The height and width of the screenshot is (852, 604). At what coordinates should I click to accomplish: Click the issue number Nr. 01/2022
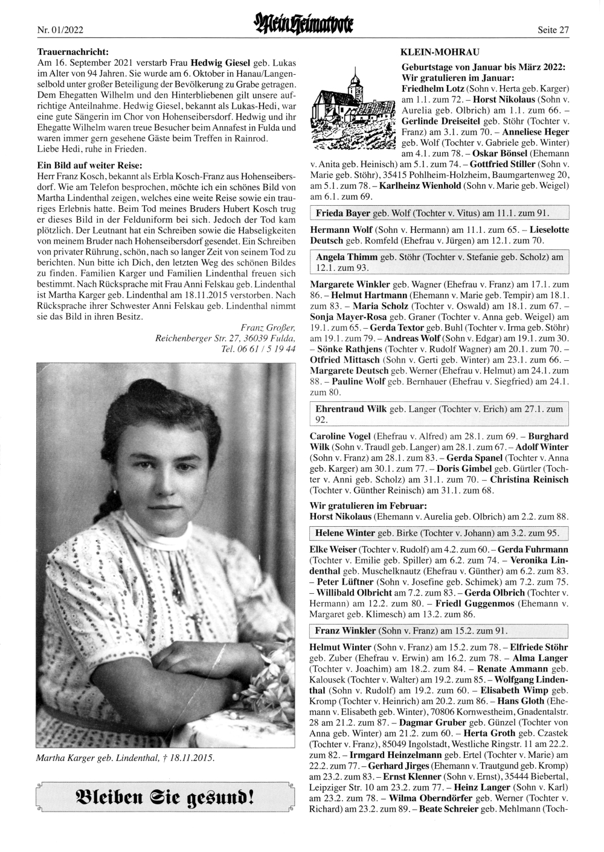(x=59, y=28)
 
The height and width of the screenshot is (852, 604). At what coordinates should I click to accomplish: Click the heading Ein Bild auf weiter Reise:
(x=90, y=166)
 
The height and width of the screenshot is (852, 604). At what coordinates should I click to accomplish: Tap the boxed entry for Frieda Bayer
(x=439, y=213)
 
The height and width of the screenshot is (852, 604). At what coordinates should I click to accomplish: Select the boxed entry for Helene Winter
(x=439, y=533)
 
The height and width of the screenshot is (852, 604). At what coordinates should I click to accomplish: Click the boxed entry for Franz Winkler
(x=439, y=631)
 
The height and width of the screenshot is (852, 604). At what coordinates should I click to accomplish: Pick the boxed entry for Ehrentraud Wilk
(x=439, y=414)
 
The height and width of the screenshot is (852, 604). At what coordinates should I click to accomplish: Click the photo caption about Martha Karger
(x=125, y=758)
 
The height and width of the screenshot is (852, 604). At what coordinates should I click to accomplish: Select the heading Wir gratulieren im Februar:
(x=368, y=506)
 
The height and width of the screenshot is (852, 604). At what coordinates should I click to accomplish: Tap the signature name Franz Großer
(x=267, y=328)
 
